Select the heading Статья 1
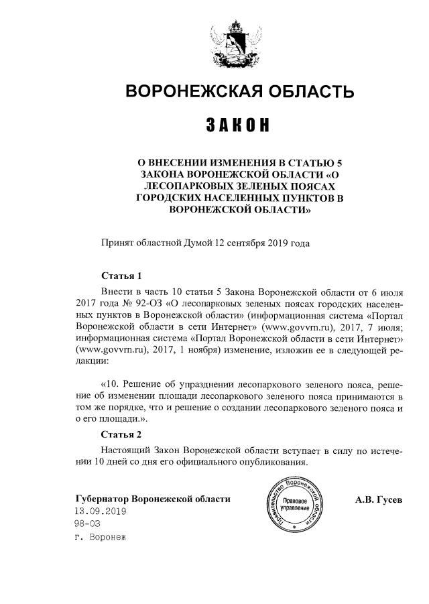[121, 276]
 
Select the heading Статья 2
[121, 434]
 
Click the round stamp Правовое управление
[295, 503]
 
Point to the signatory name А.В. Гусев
[378, 499]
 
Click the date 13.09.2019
[100, 511]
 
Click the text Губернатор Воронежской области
[153, 499]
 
